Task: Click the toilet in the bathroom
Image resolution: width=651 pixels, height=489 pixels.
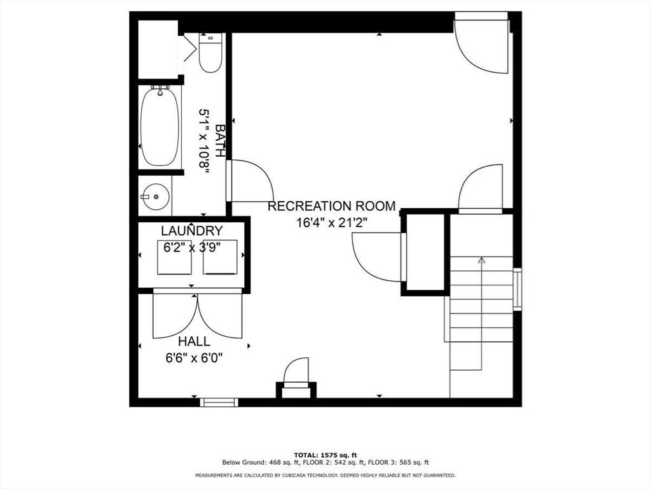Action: coord(210,53)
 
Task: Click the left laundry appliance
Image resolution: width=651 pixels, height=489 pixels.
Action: coord(174,257)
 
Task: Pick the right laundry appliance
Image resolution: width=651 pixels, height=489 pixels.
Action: coord(220,257)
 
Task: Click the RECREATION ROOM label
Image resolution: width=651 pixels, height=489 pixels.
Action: coord(331,206)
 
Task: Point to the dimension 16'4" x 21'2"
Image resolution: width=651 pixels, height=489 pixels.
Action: coord(332,223)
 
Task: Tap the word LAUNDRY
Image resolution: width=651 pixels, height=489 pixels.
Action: coord(192,230)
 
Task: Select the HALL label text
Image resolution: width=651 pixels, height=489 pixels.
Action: coord(194,341)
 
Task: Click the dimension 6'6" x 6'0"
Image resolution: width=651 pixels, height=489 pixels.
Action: coord(195,358)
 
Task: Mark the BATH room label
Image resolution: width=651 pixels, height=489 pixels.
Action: coord(220,141)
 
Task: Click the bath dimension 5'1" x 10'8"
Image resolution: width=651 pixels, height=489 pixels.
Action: coord(205,141)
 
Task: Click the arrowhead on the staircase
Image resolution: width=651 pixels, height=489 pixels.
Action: coord(482,260)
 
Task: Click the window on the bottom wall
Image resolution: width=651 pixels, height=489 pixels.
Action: coord(219,402)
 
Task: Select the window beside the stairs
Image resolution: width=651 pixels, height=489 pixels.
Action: coord(517,290)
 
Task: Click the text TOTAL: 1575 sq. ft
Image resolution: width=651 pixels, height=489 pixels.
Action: coord(325,455)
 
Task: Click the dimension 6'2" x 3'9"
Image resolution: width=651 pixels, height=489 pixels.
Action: coord(192,248)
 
